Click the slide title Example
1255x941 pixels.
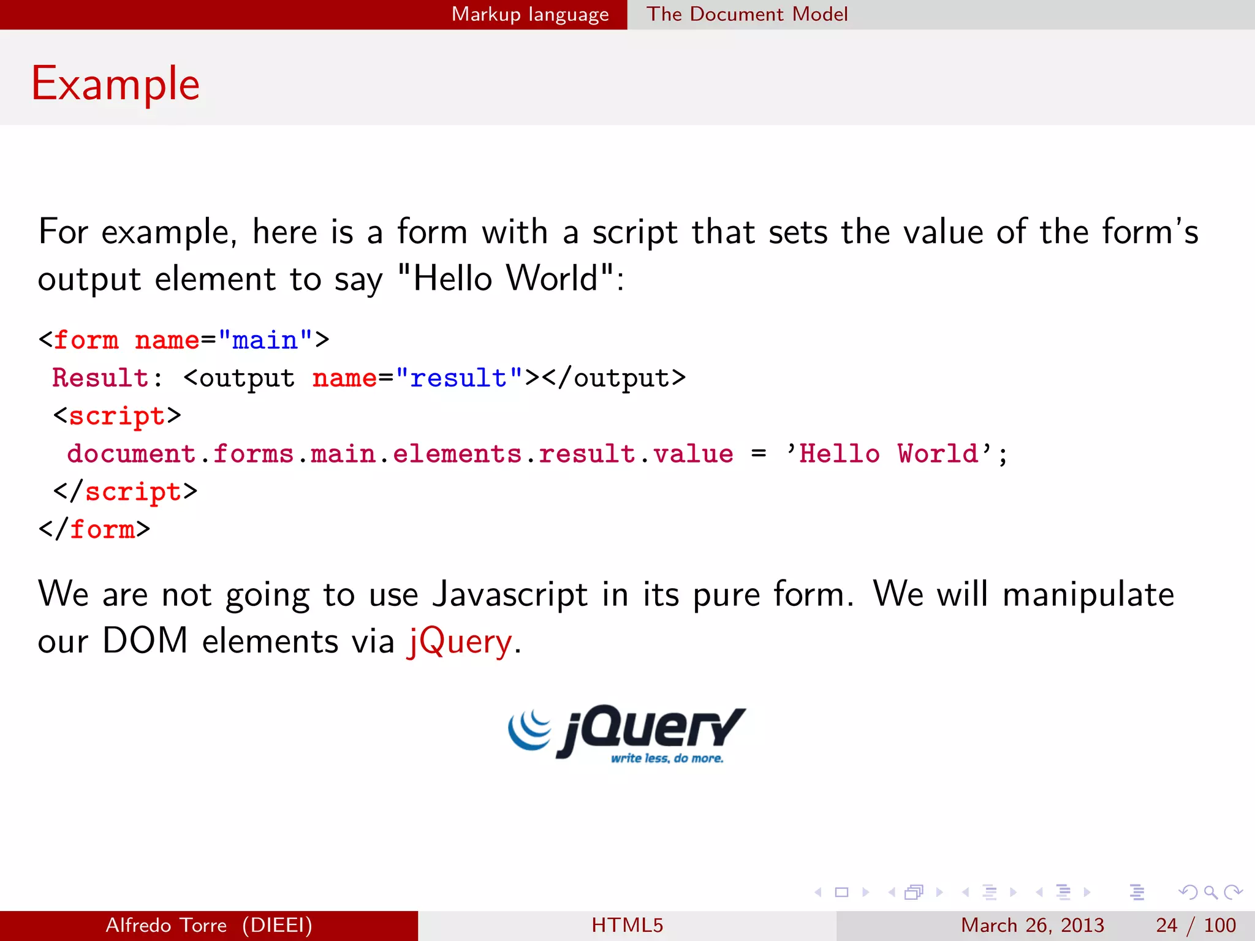[115, 83]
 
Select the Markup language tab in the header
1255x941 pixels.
[530, 14]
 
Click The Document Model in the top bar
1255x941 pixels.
[747, 14]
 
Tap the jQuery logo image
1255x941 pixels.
[627, 733]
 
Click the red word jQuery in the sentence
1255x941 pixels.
[460, 642]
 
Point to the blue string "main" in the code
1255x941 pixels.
[265, 340]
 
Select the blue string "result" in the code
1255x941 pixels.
[458, 378]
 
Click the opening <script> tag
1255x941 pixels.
[117, 416]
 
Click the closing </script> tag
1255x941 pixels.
[126, 492]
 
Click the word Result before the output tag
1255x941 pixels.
[100, 378]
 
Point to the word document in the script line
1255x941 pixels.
[131, 454]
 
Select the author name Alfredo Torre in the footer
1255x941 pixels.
[166, 925]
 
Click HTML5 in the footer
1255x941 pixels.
[627, 925]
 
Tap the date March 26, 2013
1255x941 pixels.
[1032, 925]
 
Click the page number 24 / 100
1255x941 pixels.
[1196, 925]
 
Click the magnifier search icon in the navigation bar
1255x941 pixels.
[1210, 893]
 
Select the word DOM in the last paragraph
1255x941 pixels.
[145, 641]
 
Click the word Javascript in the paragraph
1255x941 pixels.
[510, 594]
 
